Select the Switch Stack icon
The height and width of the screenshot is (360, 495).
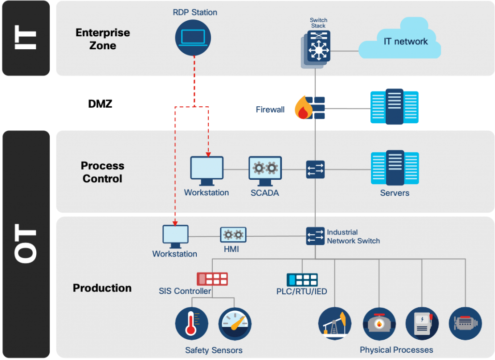pyautogui.click(x=318, y=47)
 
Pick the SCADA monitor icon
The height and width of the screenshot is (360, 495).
pyautogui.click(x=265, y=171)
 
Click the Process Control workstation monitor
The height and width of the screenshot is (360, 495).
pyautogui.click(x=206, y=171)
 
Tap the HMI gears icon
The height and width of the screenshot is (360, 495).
pyautogui.click(x=233, y=235)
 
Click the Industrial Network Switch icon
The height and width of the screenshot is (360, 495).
pyautogui.click(x=315, y=236)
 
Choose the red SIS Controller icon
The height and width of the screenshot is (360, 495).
pyautogui.click(x=212, y=279)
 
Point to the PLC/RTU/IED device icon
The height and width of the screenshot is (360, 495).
pyautogui.click(x=302, y=280)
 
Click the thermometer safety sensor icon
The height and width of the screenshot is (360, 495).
pyautogui.click(x=191, y=324)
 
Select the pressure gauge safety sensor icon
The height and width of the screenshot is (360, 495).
pyautogui.click(x=235, y=324)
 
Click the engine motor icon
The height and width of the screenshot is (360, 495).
pyautogui.click(x=466, y=323)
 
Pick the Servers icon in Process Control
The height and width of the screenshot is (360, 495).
pyautogui.click(x=394, y=168)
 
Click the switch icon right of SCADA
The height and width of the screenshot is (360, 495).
pyautogui.click(x=315, y=170)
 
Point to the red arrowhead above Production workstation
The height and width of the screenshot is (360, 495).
pyautogui.click(x=175, y=223)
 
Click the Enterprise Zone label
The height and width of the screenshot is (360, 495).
pyautogui.click(x=103, y=39)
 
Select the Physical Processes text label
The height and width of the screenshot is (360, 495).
pyautogui.click(x=396, y=350)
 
